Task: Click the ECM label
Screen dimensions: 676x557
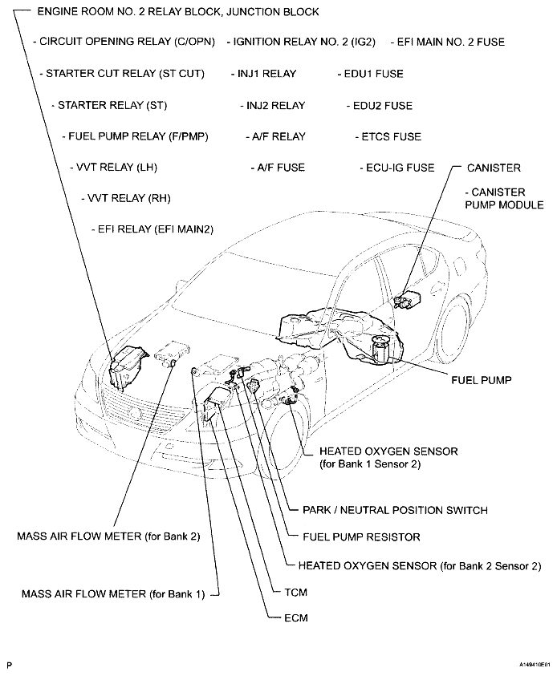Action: click(x=295, y=618)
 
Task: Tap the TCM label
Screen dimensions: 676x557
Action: click(x=296, y=592)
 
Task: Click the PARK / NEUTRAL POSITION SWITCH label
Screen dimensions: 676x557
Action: click(x=395, y=510)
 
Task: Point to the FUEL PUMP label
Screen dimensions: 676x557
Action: click(x=481, y=381)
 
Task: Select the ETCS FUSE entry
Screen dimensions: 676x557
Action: click(x=390, y=136)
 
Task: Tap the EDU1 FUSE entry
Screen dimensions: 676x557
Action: click(x=372, y=74)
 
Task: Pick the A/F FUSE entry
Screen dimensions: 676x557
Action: click(x=280, y=168)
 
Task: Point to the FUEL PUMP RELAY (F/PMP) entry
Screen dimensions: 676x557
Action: click(x=137, y=136)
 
